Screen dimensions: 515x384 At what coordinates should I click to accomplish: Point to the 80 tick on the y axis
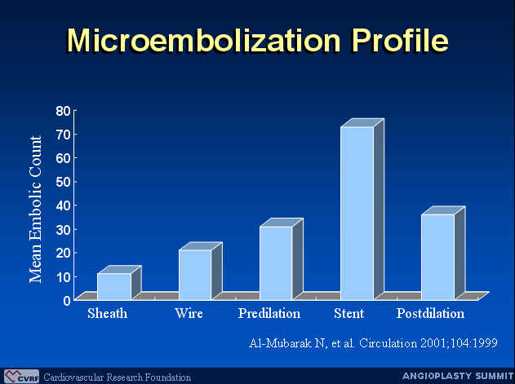coord(63,111)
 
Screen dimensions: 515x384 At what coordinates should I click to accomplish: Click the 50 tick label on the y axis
coord(63,182)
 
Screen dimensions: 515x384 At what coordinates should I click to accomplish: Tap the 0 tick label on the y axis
coord(67,300)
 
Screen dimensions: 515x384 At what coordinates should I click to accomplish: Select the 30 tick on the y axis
coord(63,229)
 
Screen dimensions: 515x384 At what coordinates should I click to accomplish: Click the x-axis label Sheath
coord(108,313)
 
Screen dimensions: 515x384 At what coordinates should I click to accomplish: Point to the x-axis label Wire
coord(189,313)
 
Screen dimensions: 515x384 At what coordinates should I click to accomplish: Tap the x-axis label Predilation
coord(269,313)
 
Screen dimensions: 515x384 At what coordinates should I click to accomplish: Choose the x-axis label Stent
coord(349,313)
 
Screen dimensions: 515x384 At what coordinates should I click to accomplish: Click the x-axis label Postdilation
coord(430,313)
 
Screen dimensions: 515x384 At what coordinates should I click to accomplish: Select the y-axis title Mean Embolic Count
coord(35,210)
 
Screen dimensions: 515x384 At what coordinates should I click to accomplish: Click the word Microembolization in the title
coord(204,40)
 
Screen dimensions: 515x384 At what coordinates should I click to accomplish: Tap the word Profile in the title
coord(401,40)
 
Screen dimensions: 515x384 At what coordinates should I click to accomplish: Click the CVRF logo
coord(21,377)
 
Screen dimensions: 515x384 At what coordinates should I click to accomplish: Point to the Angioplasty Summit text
coord(458,376)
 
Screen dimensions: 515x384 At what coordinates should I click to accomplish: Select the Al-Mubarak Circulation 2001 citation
coord(373,343)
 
